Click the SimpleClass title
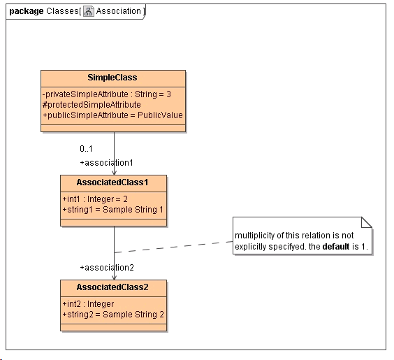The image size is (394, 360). click(112, 78)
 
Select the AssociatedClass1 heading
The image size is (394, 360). click(113, 182)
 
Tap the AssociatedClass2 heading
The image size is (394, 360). click(113, 287)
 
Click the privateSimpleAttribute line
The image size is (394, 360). click(106, 94)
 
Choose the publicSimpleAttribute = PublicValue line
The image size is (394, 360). click(112, 115)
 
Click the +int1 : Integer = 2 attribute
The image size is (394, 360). click(95, 199)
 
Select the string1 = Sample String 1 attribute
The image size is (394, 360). click(112, 209)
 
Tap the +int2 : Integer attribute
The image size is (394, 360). click(88, 303)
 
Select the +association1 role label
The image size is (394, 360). click(106, 163)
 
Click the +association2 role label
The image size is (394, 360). click(106, 268)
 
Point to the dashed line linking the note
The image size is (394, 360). click(175, 247)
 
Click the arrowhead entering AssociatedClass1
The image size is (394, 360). click(114, 171)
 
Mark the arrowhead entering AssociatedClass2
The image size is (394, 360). click(114, 276)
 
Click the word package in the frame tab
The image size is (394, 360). click(27, 11)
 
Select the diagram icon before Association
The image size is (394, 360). click(89, 11)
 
